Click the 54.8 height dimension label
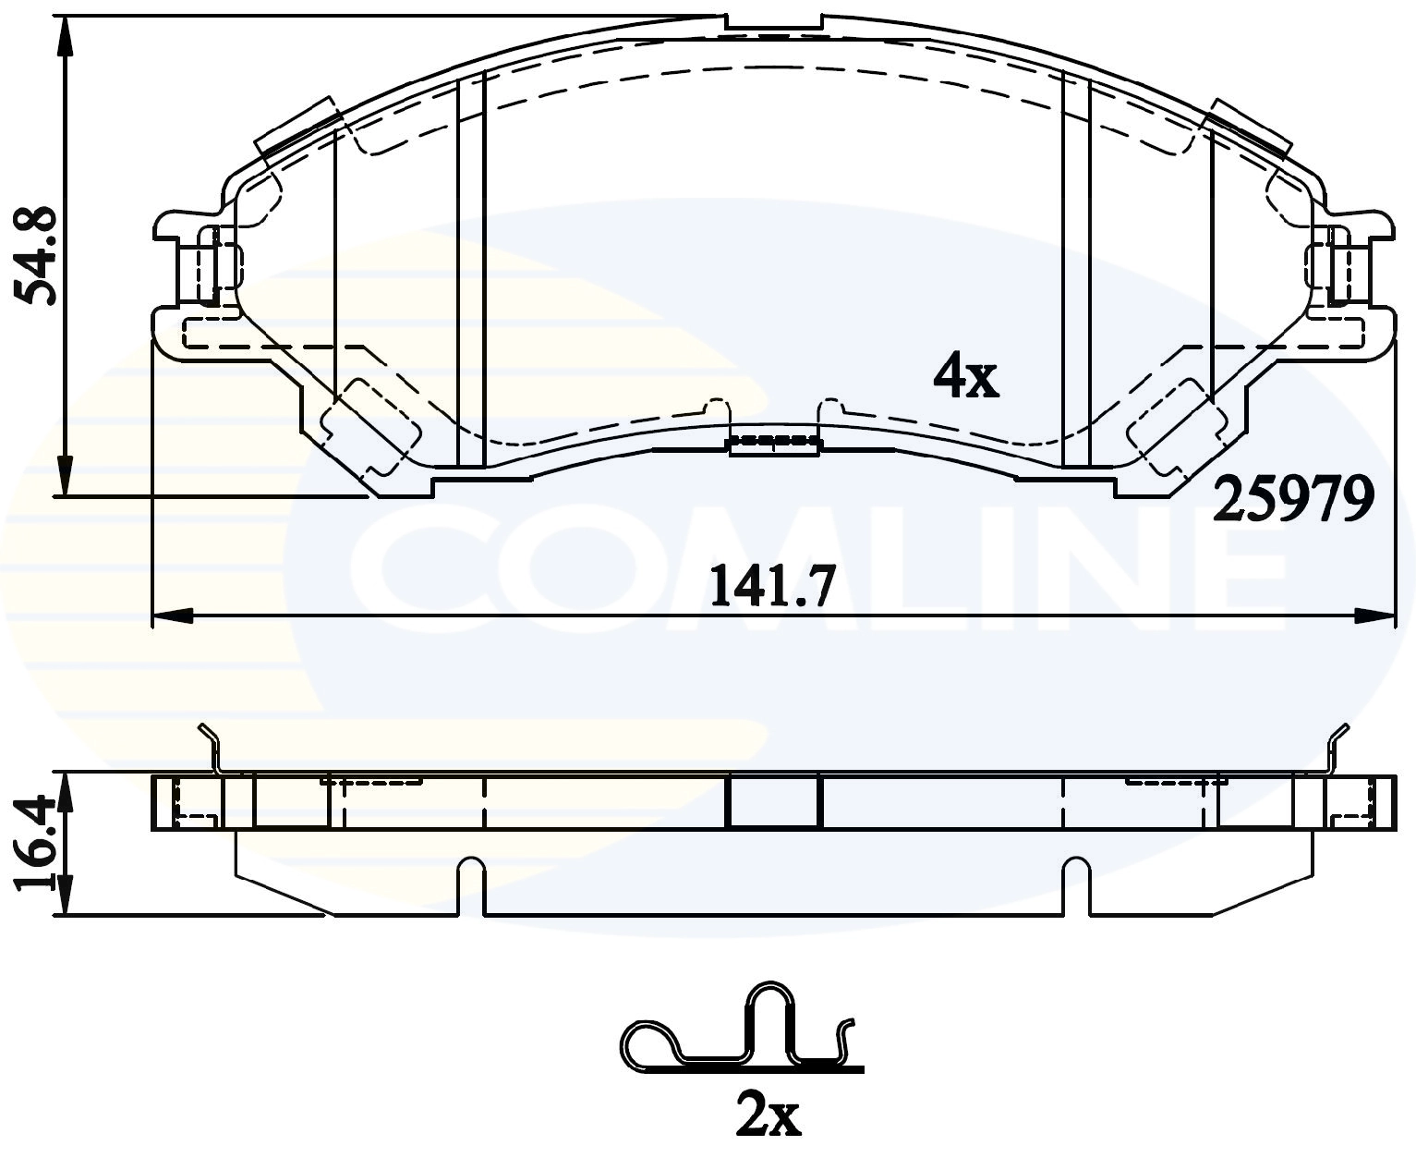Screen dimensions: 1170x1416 39,255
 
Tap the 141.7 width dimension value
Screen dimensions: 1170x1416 772,586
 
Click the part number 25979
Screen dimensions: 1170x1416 1292,500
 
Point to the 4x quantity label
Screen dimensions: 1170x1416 965,377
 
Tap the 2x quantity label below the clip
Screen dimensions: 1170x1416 768,1116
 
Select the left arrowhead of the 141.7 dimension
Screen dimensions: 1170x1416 170,615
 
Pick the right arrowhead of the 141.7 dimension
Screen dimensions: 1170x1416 1374,615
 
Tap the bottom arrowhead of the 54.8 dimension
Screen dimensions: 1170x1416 64,477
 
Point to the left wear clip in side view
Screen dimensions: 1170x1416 212,747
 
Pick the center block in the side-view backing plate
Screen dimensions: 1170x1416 774,800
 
